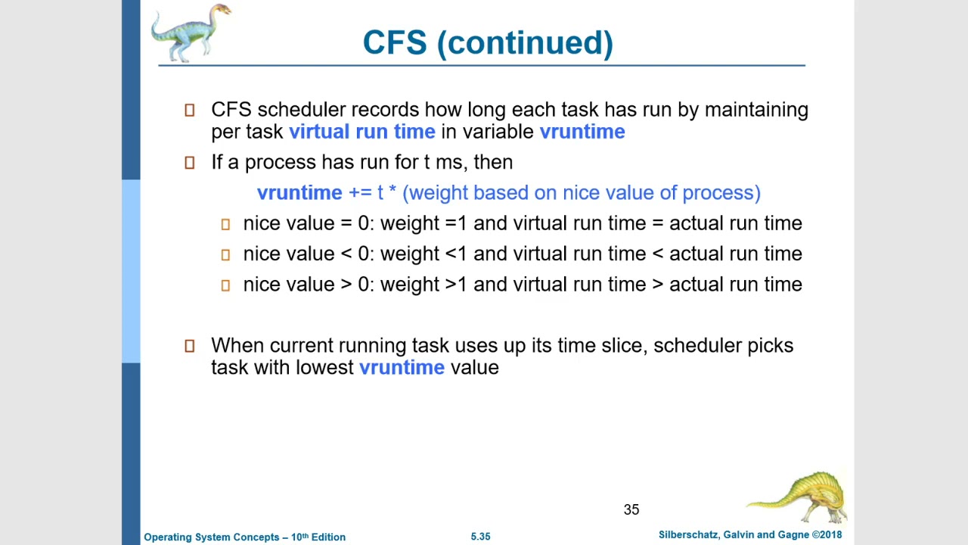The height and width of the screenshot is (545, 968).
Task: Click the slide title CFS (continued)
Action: coord(488,43)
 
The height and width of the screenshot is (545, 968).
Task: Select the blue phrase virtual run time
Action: coord(361,132)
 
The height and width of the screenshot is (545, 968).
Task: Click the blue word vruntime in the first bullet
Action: coord(582,132)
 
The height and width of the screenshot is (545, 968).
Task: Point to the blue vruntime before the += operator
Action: coord(299,193)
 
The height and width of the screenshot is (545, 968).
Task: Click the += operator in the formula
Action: coord(359,193)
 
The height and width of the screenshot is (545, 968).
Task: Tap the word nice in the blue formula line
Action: coord(580,193)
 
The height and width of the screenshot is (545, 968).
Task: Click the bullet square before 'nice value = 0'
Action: coord(225,224)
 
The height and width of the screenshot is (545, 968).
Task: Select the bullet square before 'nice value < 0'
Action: coord(225,255)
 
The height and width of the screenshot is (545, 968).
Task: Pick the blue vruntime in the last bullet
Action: coord(402,368)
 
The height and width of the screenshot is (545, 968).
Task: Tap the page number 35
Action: coord(631,510)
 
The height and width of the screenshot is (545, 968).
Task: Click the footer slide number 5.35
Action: coord(480,537)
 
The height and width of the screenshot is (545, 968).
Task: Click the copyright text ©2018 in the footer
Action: coord(827,534)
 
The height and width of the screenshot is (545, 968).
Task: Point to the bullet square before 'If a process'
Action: coord(190,163)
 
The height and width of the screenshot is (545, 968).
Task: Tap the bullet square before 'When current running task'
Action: coord(190,346)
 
